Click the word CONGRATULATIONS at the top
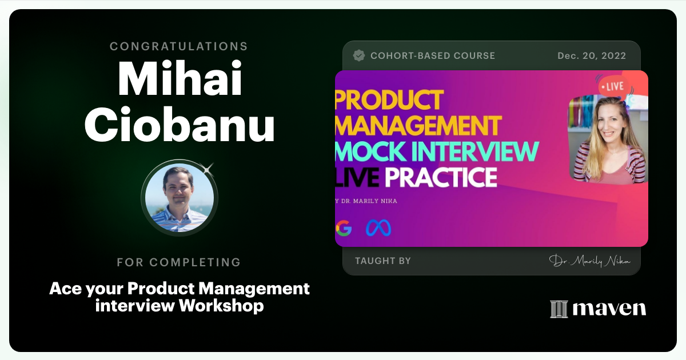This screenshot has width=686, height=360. pyautogui.click(x=179, y=46)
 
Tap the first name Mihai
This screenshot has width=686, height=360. pyautogui.click(x=180, y=79)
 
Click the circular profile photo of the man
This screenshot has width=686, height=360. pyautogui.click(x=180, y=198)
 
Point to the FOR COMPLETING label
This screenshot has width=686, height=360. pyautogui.click(x=179, y=262)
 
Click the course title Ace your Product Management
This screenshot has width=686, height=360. pyautogui.click(x=180, y=289)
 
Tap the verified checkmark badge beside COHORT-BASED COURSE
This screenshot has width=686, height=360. pyautogui.click(x=359, y=55)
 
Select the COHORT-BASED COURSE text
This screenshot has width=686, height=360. pyautogui.click(x=433, y=55)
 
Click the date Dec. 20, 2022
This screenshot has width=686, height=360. pyautogui.click(x=592, y=55)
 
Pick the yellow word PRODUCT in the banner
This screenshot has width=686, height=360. pyautogui.click(x=389, y=100)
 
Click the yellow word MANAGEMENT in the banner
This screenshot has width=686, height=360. pyautogui.click(x=418, y=126)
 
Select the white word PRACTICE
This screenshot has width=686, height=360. pyautogui.click(x=441, y=177)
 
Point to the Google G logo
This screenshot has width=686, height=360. pyautogui.click(x=344, y=229)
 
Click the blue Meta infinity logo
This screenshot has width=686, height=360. pyautogui.click(x=378, y=229)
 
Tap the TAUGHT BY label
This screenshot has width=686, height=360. pyautogui.click(x=383, y=261)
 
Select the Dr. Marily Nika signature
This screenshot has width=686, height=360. pyautogui.click(x=589, y=261)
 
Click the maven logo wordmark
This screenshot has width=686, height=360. pyautogui.click(x=598, y=309)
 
